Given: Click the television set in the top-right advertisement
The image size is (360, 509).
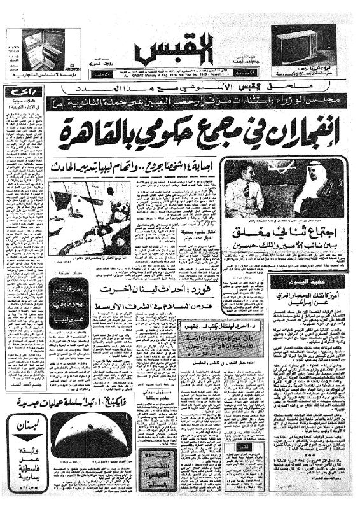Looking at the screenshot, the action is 298,48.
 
